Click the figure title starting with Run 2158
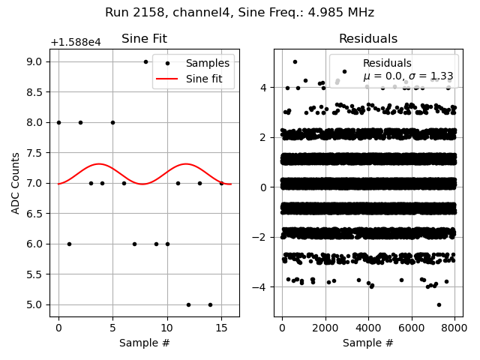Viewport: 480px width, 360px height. (239, 13)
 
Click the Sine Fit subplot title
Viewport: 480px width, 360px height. (144, 39)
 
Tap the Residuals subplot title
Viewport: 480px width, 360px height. (367, 39)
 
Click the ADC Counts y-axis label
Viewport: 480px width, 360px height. (16, 183)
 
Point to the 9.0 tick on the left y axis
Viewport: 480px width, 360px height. (35, 61)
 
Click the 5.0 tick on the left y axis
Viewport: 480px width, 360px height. (35, 304)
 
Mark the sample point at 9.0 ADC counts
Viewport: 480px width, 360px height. (145, 61)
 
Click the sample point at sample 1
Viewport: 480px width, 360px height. (69, 244)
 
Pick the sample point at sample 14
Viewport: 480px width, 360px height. (210, 304)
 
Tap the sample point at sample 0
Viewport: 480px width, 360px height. (58, 122)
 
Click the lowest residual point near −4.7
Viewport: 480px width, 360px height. (439, 304)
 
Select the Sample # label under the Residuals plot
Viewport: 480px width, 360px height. (367, 343)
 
